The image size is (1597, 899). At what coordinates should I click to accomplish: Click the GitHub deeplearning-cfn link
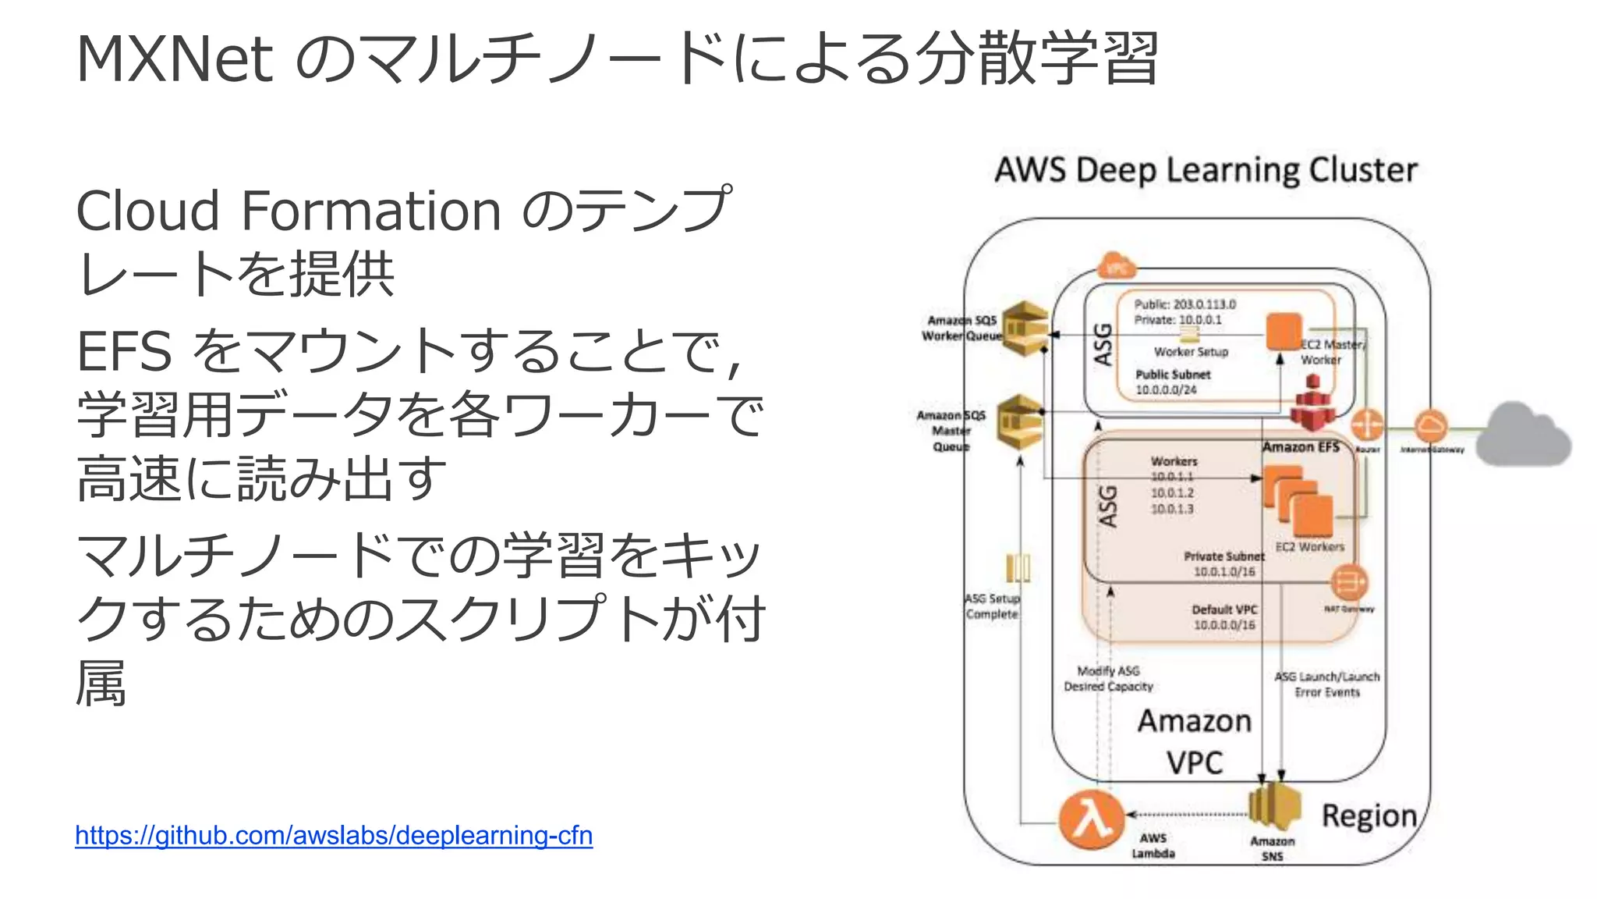click(x=334, y=836)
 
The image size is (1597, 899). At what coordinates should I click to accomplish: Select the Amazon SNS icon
click(x=1274, y=807)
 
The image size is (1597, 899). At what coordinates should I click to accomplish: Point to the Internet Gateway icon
click(x=1430, y=426)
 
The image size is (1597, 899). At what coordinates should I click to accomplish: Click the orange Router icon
click(x=1367, y=425)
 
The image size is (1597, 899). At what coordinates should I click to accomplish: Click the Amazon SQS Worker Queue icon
click(x=1024, y=328)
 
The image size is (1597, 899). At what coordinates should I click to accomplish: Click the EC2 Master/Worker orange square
click(x=1284, y=332)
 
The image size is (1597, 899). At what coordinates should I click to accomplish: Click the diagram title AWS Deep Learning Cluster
click(x=1206, y=170)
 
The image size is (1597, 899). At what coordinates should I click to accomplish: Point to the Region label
click(x=1369, y=816)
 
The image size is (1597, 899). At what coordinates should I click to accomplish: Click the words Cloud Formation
click(x=289, y=211)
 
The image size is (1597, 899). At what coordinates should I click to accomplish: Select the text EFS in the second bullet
click(x=124, y=351)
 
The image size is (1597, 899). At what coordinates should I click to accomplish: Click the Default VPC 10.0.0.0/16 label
click(x=1224, y=617)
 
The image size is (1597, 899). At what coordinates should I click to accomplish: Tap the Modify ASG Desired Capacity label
click(x=1108, y=679)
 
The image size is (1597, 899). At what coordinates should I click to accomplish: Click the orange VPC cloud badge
click(x=1117, y=267)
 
